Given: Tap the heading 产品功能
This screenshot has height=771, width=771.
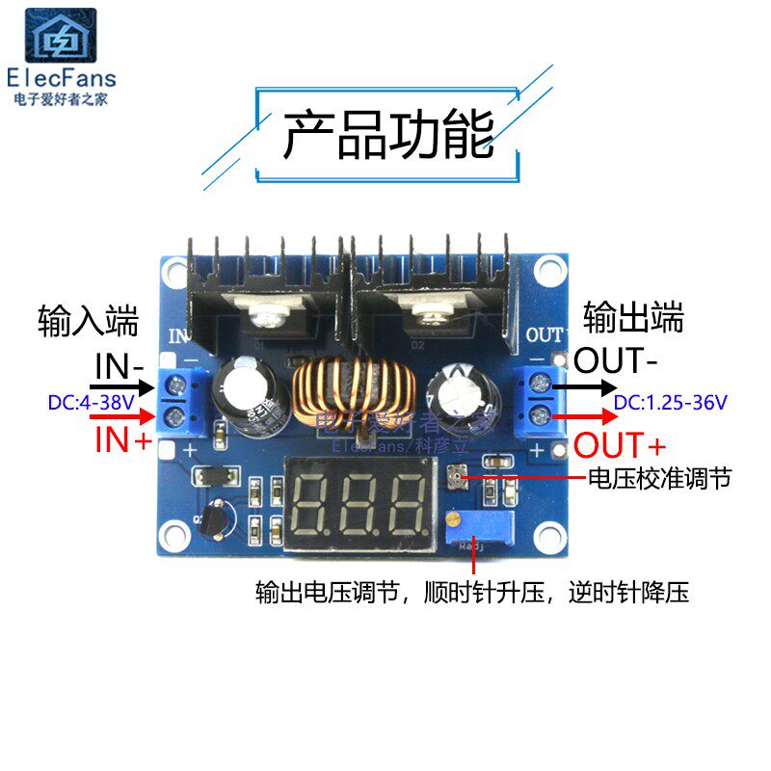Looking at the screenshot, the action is tap(387, 135).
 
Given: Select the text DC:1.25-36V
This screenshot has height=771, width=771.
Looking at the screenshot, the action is tap(671, 402).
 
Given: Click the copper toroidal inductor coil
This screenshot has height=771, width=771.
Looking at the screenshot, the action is tap(351, 391).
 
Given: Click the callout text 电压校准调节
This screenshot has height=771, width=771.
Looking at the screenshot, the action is tap(659, 477).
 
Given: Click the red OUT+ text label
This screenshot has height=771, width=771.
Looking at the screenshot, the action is tap(619, 446).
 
